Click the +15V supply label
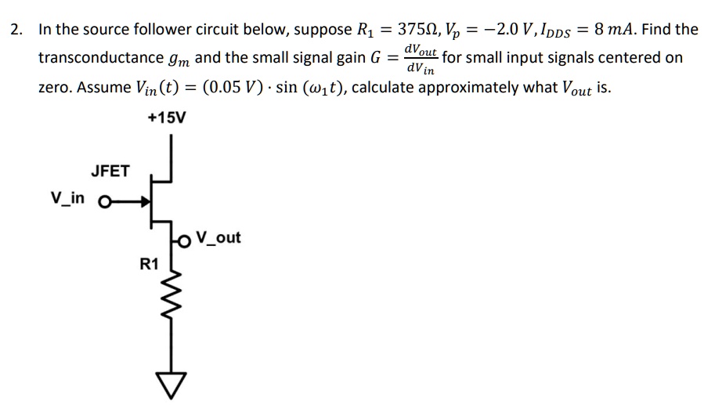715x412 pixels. coord(167,117)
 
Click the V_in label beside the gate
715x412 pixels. coord(68,197)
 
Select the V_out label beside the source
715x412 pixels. coord(218,237)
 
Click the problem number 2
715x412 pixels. coord(15,30)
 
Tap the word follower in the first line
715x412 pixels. coord(153,30)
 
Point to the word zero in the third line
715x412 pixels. coord(53,86)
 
